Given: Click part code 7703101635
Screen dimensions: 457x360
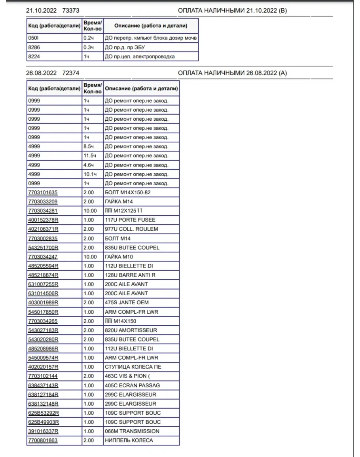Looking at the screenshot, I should coord(43,193).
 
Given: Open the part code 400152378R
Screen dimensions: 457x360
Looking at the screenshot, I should coord(43,220).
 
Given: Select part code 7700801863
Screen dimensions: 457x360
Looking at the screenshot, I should coord(43,440).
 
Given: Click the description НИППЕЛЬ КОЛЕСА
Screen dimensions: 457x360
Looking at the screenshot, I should coord(129,440).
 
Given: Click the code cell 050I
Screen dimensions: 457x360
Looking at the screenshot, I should coord(32,38).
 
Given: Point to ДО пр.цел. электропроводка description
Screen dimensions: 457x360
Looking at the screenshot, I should coord(140,57).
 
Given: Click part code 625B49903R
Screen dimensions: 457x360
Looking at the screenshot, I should coord(43,422).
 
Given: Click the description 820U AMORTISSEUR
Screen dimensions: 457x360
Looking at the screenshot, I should coord(131,330).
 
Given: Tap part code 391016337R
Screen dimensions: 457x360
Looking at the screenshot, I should coord(43,431).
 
